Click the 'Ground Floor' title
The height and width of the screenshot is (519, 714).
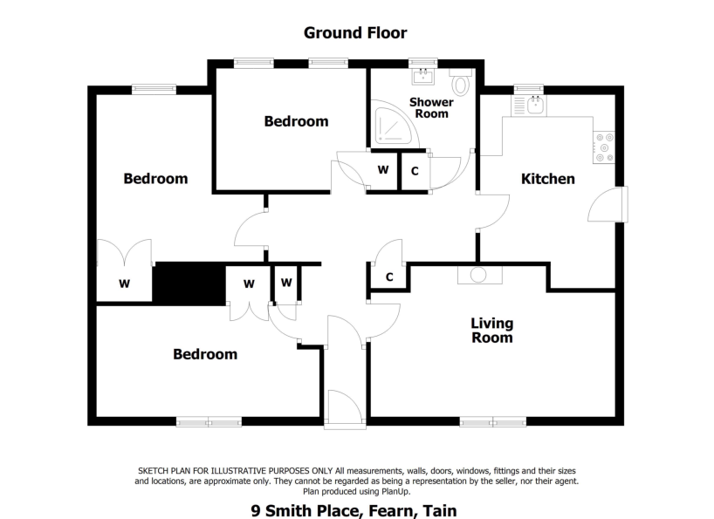pos(354,33)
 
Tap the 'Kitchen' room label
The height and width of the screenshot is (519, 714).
pos(547,179)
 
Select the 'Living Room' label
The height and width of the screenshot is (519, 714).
pos(491,330)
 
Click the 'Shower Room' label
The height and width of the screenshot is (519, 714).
pos(431,108)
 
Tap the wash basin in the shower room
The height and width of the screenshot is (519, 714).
pos(424,77)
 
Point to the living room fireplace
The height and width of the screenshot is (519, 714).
pos(479,274)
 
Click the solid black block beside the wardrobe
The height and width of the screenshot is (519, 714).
pos(189,283)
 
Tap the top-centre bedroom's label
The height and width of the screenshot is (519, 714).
pos(296,121)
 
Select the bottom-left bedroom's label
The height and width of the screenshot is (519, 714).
pos(204,354)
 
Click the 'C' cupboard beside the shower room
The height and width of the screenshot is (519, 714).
pos(415,170)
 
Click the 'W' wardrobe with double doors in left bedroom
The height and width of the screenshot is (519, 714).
pos(124,283)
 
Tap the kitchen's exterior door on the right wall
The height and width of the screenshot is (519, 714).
pos(609,206)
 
